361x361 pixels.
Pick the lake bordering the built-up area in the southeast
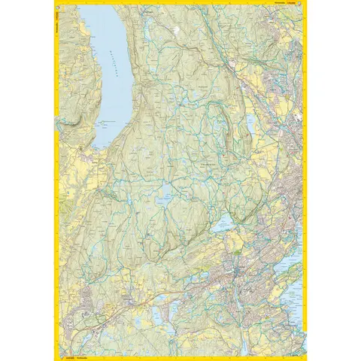pyautogui.click(x=222, y=223)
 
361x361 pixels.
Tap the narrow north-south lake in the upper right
pyautogui.click(x=250, y=123)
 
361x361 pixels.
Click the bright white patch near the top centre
pyautogui.click(x=176, y=29)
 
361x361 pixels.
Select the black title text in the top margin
pyautogui.click(x=275, y=4)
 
